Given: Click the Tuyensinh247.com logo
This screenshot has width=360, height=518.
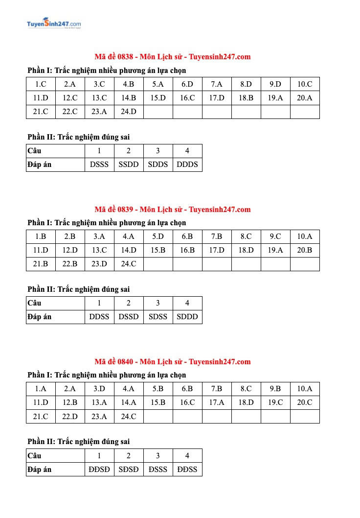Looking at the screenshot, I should (54, 24).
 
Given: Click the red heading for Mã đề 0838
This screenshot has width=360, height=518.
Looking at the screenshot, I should (172, 57).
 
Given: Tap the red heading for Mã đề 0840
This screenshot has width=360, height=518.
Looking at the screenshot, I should (172, 362).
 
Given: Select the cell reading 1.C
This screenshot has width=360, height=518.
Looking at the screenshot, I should (41, 84).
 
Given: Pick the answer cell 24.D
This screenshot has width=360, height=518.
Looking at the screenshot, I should (129, 112).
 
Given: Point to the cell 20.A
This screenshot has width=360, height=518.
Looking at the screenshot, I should (304, 98).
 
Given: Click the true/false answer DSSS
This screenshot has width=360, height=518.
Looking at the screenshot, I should (99, 165).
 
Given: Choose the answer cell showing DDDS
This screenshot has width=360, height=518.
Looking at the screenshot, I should (187, 165).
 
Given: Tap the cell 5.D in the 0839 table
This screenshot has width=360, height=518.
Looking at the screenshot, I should (158, 236).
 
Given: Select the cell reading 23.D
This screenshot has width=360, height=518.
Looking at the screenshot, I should (99, 264).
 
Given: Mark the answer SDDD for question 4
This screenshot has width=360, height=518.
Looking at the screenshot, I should (187, 317).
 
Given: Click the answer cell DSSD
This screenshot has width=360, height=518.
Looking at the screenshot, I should (129, 317).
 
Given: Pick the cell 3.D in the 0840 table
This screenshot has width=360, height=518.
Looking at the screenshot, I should (99, 389).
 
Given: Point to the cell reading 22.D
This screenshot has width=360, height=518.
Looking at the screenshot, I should (70, 416).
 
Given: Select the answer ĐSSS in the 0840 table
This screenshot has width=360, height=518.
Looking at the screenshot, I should (158, 470).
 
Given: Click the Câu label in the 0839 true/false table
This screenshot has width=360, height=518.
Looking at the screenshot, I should (35, 303).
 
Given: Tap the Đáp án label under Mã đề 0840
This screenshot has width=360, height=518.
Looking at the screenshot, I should (40, 470).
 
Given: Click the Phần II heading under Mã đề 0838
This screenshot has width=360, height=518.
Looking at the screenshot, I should (79, 137).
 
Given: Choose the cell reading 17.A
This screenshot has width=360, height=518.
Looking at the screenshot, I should (217, 402).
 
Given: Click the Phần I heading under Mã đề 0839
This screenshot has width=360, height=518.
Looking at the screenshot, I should (107, 223).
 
